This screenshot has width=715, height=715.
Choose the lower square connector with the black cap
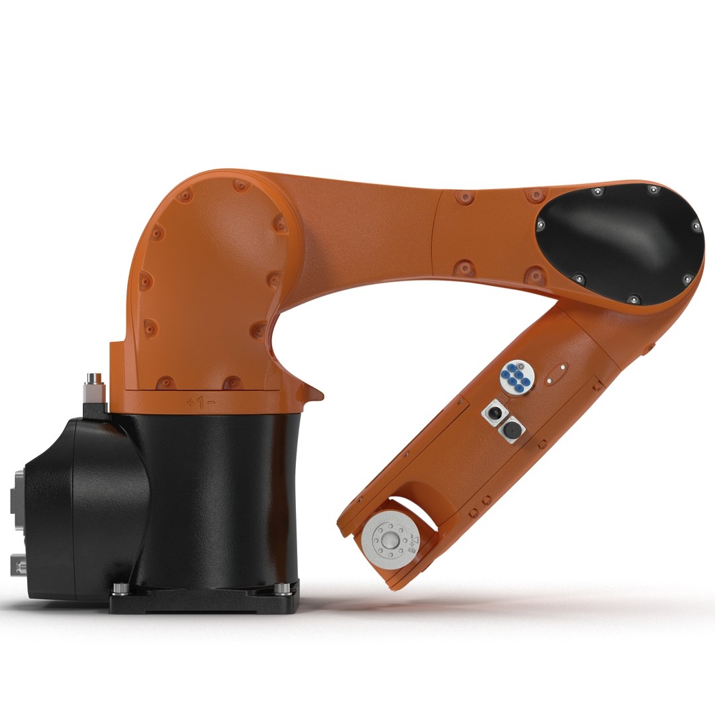(x=510, y=430)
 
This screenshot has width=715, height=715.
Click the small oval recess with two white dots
(x=556, y=374)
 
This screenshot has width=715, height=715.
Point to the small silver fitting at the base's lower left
(x=18, y=565)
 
